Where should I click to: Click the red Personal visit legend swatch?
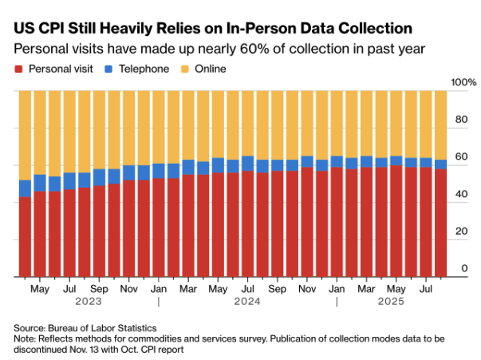pyautogui.click(x=19, y=69)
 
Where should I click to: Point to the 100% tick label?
pyautogui.click(x=463, y=83)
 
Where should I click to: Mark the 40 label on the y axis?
pyautogui.click(x=461, y=195)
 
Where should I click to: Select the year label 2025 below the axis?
pyautogui.click(x=389, y=302)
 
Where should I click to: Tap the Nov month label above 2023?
pyautogui.click(x=128, y=287)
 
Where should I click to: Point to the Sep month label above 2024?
pyautogui.click(x=277, y=287)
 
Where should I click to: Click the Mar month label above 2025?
pyautogui.click(x=366, y=287)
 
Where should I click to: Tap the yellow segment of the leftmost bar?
pyautogui.click(x=25, y=135)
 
